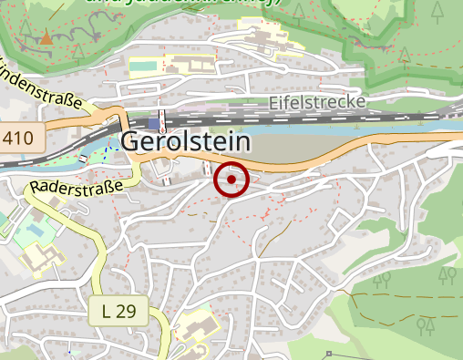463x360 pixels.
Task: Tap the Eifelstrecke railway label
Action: point(317,102)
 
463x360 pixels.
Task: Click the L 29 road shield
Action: point(118,311)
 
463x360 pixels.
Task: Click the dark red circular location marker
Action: point(231,180)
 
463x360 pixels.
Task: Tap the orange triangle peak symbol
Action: point(46,38)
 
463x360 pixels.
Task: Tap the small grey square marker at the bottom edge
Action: point(327,353)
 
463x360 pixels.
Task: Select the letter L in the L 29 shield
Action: point(108,311)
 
